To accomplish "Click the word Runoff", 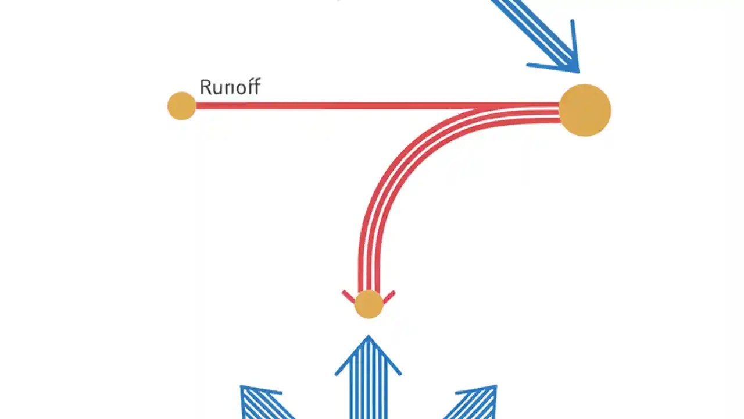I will [x=230, y=87].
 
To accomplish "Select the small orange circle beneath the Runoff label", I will [x=181, y=106].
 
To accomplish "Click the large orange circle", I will [x=585, y=110].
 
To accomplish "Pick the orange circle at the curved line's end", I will [x=369, y=304].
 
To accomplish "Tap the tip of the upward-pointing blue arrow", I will [x=368, y=337].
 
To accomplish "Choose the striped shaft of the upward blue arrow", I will [x=368, y=390].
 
